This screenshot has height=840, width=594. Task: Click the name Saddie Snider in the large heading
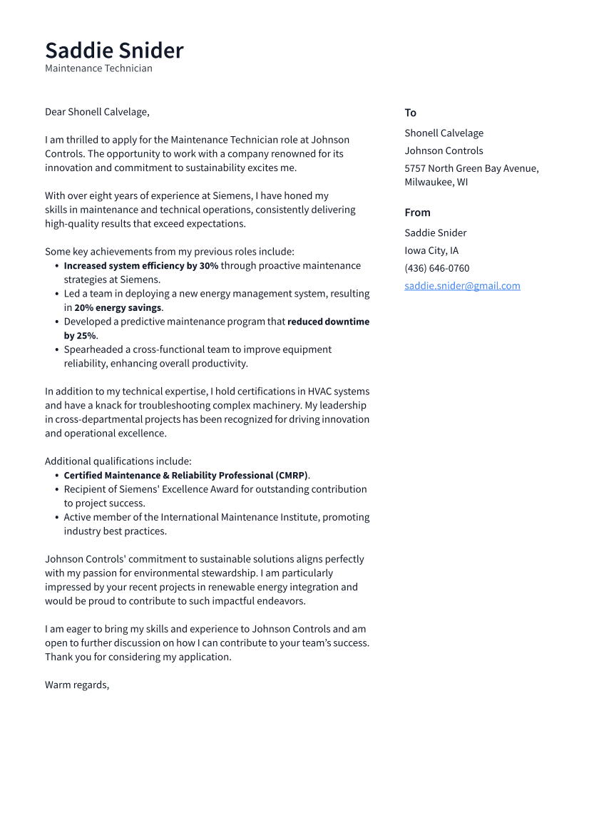point(114,51)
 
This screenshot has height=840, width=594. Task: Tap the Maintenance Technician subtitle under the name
point(98,68)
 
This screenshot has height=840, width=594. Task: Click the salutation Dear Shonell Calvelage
point(97,112)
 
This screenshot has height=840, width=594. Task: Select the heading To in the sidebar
point(410,113)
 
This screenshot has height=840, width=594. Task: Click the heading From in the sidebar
point(417,212)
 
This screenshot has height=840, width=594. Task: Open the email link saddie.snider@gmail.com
point(462,286)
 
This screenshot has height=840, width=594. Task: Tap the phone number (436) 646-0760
point(436,268)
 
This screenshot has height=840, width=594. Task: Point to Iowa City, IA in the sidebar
point(431,250)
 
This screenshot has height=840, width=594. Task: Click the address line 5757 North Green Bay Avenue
point(471,168)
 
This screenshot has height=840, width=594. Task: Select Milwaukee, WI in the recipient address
point(436,182)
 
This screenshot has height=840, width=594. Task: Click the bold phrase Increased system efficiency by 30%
point(141,266)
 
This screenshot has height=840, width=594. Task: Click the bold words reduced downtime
point(328,322)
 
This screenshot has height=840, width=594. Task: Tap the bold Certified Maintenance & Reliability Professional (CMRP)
point(186,476)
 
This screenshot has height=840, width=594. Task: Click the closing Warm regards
point(77,685)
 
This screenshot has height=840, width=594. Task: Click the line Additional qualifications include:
point(118,461)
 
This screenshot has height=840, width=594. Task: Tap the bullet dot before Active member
point(56,518)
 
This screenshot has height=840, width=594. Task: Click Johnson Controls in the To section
point(444,150)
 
